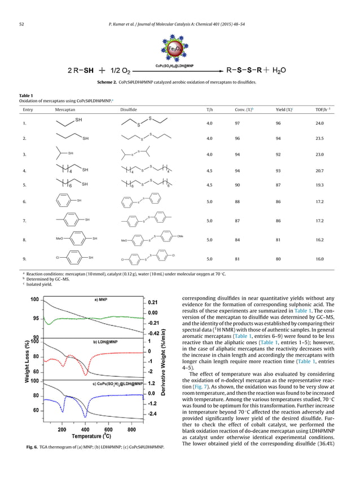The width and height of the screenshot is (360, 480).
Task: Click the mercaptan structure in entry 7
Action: pyautogui.click(x=73, y=219)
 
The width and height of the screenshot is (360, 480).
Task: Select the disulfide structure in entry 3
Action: pyautogui.click(x=135, y=153)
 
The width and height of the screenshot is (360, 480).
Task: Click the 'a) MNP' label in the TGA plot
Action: pyautogui.click(x=101, y=300)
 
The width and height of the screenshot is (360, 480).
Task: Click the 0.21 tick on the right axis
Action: pyautogui.click(x=152, y=302)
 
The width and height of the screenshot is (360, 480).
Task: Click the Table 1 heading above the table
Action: pyautogui.click(x=26, y=95)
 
